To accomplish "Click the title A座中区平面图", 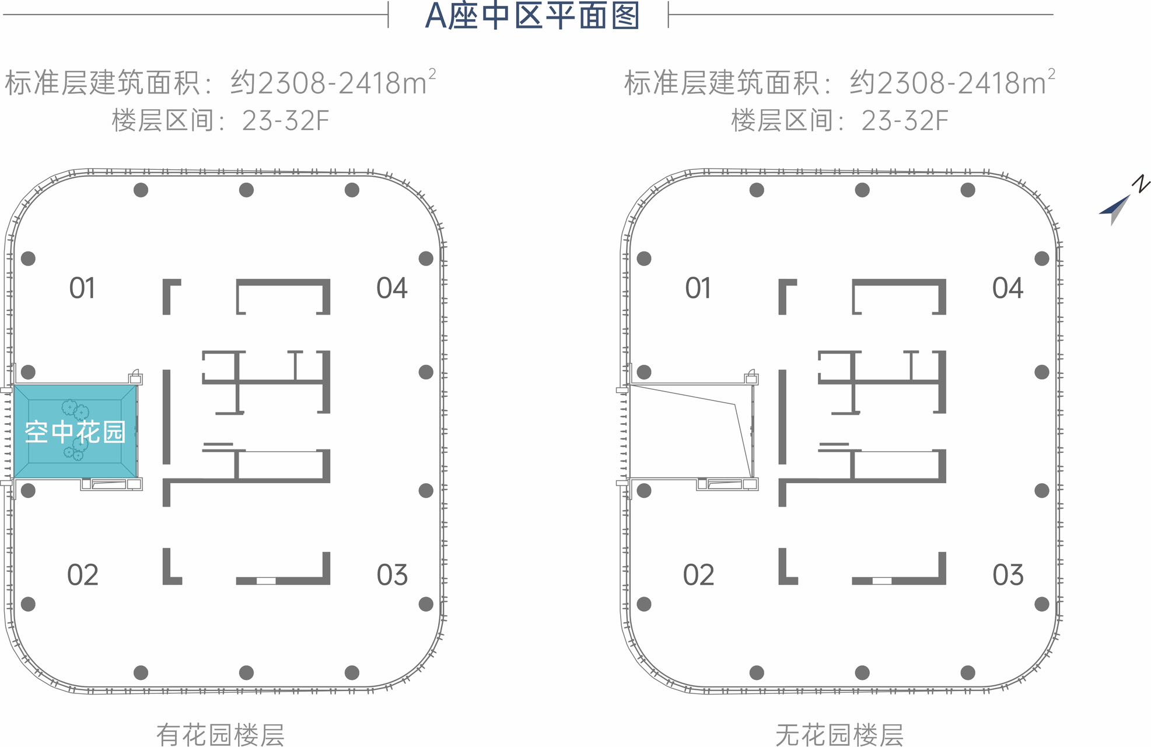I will [x=532, y=16].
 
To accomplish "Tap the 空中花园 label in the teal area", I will [x=75, y=432].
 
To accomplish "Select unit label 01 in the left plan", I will [x=82, y=288].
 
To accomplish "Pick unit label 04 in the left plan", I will [x=391, y=288].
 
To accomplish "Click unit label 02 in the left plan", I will [x=82, y=575].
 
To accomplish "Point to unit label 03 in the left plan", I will [x=391, y=575].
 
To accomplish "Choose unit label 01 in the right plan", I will [x=698, y=288].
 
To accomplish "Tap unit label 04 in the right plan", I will [x=1007, y=288].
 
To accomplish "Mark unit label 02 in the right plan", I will [x=698, y=575].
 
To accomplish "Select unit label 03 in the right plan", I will [x=1007, y=575].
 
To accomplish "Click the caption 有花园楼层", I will [x=221, y=734].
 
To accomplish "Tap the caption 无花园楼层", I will [x=839, y=734].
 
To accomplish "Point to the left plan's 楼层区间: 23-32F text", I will [x=221, y=121].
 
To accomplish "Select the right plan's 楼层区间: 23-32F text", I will [x=839, y=121].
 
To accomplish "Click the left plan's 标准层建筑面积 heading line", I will [x=221, y=82].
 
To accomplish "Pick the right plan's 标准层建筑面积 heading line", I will [x=839, y=82].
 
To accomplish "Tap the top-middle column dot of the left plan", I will [x=246, y=190].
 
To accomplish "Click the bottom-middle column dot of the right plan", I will [x=862, y=672].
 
